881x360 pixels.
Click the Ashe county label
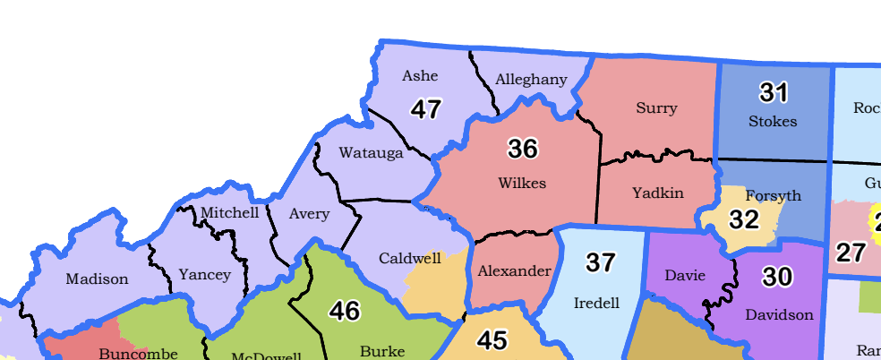(x=420, y=76)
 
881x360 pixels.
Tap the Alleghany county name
(x=532, y=80)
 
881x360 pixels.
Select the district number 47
(x=426, y=109)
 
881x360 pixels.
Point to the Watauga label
(x=371, y=153)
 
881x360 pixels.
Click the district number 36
(x=522, y=148)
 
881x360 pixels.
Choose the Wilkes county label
(x=522, y=183)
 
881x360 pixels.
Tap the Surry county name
(x=656, y=108)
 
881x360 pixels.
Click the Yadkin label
(x=657, y=193)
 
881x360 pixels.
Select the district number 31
(x=773, y=91)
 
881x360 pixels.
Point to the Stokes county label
(x=773, y=120)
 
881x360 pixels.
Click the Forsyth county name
(x=773, y=195)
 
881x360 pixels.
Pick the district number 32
(x=743, y=219)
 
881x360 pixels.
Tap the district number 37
(x=601, y=262)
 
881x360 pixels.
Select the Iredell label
(x=595, y=303)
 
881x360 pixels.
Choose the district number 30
(x=777, y=278)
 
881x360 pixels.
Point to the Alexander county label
(x=514, y=270)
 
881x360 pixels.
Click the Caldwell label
(x=409, y=258)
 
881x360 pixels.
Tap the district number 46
(x=345, y=311)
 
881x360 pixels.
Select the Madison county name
(x=97, y=279)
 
